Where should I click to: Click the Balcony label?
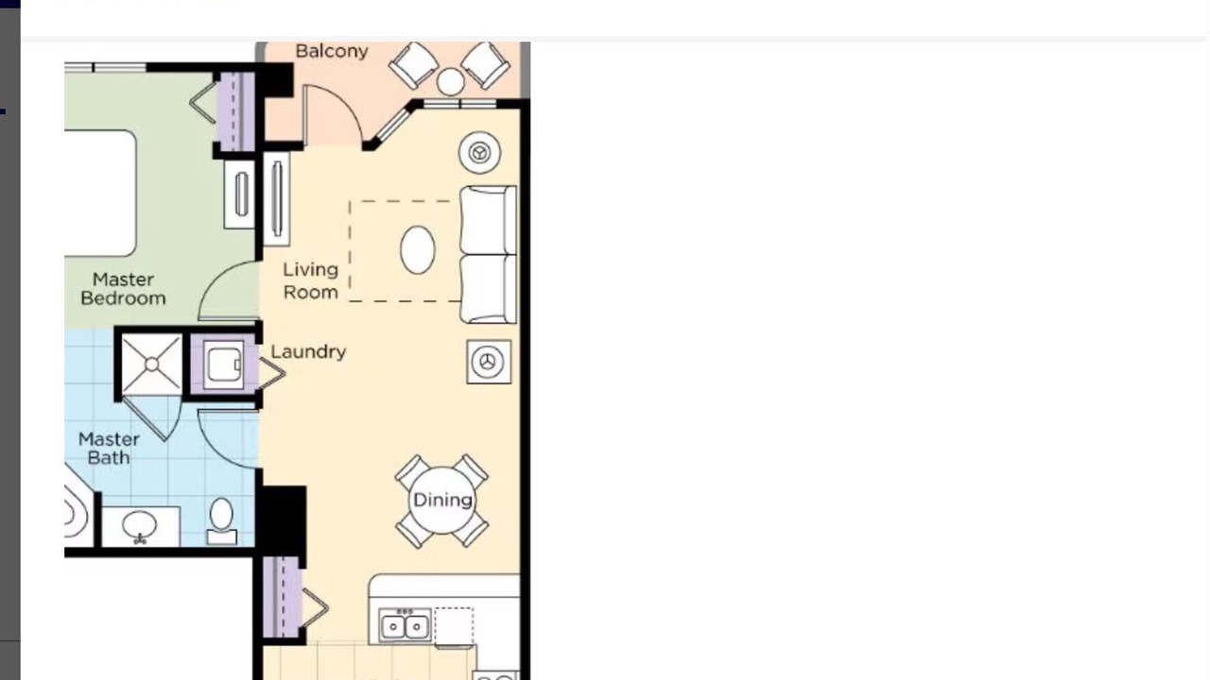pyautogui.click(x=332, y=51)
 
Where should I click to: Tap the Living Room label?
pyautogui.click(x=311, y=280)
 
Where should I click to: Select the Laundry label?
pyautogui.click(x=308, y=352)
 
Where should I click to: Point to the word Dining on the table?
pyautogui.click(x=442, y=501)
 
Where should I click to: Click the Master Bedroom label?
pyautogui.click(x=123, y=289)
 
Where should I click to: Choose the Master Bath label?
pyautogui.click(x=109, y=448)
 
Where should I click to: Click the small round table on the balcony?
pyautogui.click(x=450, y=82)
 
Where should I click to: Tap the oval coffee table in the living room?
pyautogui.click(x=418, y=250)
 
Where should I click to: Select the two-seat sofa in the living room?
pyautogui.click(x=489, y=254)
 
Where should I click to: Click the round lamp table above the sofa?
pyautogui.click(x=479, y=153)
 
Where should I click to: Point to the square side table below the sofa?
pyautogui.click(x=489, y=362)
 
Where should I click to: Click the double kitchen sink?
pyautogui.click(x=405, y=626)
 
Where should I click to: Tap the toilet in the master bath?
pyautogui.click(x=221, y=520)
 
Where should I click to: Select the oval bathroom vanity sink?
pyautogui.click(x=139, y=524)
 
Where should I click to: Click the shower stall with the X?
pyautogui.click(x=152, y=365)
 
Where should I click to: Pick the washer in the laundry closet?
pyautogui.click(x=223, y=365)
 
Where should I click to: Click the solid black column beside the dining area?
pyautogui.click(x=281, y=520)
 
